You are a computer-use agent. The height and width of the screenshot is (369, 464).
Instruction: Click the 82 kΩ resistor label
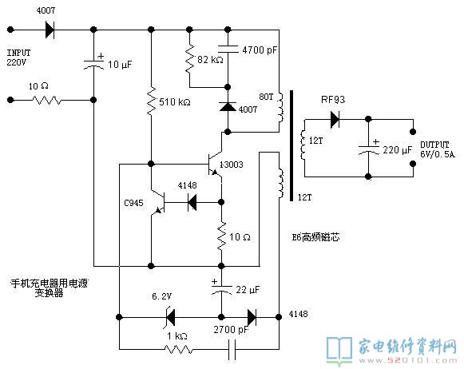210,60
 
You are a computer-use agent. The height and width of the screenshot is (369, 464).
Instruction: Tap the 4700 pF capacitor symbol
228,50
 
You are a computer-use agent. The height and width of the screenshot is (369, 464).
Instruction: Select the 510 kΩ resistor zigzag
151,101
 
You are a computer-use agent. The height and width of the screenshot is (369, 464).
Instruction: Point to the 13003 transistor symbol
215,165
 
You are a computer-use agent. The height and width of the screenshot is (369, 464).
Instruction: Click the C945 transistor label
133,203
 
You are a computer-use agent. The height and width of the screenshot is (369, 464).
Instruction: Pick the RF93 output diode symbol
335,119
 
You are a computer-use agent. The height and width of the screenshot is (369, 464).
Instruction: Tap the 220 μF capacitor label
398,150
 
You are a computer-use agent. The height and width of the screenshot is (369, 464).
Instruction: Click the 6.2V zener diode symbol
170,317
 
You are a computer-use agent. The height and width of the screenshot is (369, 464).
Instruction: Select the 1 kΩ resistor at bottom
179,350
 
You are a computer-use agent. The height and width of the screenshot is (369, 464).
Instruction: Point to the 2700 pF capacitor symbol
232,350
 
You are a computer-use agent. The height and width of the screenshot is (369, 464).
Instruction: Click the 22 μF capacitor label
248,290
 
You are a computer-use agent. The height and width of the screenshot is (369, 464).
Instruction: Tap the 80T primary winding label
266,97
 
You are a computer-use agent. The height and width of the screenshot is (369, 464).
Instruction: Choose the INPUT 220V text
18,58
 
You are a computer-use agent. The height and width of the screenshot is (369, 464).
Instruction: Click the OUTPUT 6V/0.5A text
438,149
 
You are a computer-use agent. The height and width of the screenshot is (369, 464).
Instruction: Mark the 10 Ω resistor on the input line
47,100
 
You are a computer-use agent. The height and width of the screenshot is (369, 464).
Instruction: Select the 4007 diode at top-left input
50,30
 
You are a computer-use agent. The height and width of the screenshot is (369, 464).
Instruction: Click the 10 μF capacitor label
120,65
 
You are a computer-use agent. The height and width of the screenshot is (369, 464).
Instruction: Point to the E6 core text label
315,237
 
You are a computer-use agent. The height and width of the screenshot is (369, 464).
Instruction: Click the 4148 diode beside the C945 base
192,202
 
